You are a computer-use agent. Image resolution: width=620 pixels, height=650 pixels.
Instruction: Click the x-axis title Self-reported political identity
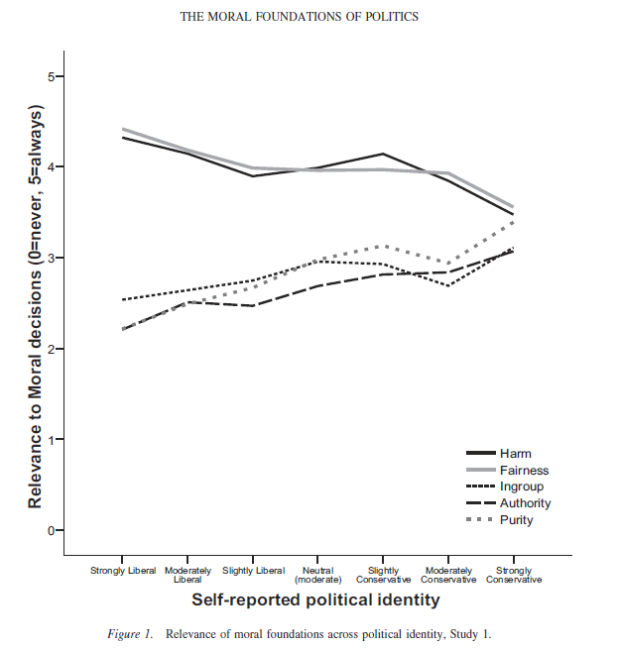(x=315, y=600)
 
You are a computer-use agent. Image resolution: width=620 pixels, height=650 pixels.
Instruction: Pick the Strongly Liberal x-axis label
(x=123, y=571)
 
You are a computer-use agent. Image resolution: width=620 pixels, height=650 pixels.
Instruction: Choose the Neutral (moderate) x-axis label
(x=317, y=575)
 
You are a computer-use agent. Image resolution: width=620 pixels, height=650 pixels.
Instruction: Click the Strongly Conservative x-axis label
(x=514, y=575)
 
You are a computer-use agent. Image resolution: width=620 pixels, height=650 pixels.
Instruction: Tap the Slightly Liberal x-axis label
(x=253, y=571)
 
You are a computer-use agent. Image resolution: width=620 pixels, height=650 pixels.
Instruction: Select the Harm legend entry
(x=516, y=454)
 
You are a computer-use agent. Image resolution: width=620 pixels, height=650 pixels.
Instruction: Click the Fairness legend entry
(x=524, y=471)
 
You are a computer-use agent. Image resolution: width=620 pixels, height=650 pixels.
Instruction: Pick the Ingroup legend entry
(x=522, y=487)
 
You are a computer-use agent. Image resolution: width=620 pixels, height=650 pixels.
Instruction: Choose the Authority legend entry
(x=526, y=503)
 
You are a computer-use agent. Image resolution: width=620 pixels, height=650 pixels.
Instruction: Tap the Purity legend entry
(x=517, y=520)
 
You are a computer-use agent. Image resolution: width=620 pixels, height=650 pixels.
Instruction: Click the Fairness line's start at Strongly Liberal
(x=122, y=129)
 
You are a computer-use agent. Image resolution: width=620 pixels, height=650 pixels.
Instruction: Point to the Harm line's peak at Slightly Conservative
(x=383, y=154)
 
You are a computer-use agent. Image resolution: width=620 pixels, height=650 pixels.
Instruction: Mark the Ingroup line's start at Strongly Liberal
(x=122, y=299)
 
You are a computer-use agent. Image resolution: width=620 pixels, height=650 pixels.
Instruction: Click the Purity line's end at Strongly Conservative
(x=514, y=221)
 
